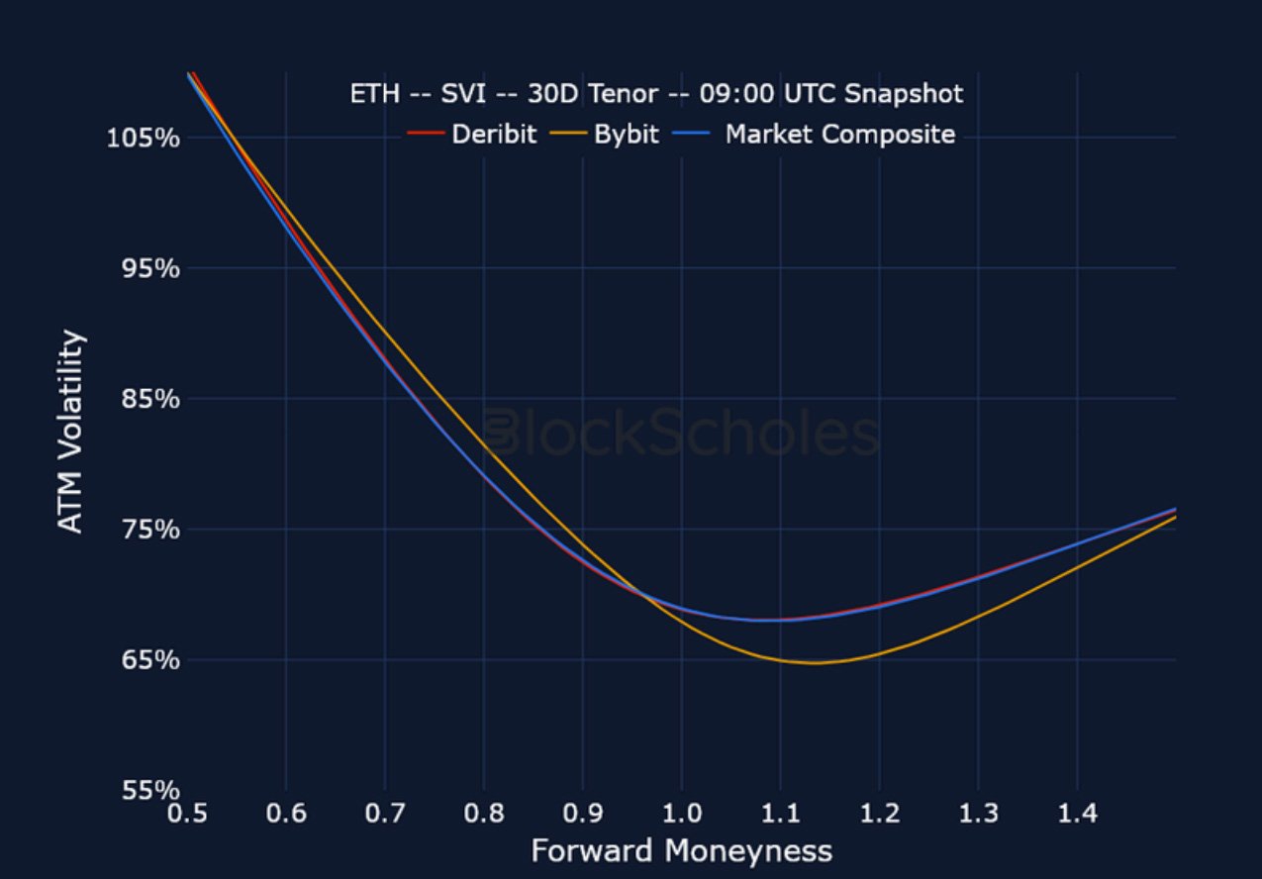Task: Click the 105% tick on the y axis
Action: click(143, 137)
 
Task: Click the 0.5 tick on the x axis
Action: click(187, 815)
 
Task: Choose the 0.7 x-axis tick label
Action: click(385, 815)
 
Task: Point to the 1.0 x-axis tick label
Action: click(681, 815)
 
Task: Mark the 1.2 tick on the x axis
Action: click(879, 815)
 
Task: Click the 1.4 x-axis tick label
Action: click(1077, 815)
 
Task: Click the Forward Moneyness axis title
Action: click(681, 851)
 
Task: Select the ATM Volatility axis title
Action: click(71, 432)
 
